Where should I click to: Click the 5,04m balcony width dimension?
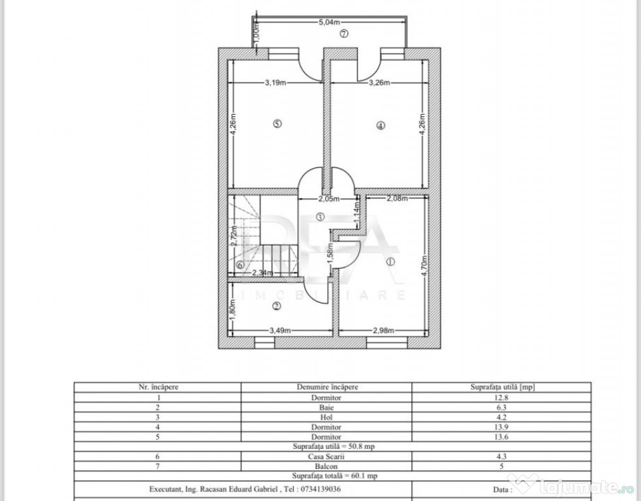coord(330,22)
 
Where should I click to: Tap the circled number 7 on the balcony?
coord(344,33)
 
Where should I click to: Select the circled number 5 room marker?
coord(277,123)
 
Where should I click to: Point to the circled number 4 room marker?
coord(381,126)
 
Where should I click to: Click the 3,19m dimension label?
coord(275,83)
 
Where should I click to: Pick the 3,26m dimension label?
coord(379,83)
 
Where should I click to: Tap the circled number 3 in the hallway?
coord(320,217)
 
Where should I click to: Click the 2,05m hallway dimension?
coord(329,199)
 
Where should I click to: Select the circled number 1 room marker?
coord(390,262)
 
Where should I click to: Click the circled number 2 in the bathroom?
coord(277,306)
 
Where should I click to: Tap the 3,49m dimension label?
coord(280,330)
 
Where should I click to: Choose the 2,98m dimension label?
coord(383,330)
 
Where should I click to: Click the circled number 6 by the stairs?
coord(240,265)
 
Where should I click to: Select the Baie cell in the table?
coord(326,408)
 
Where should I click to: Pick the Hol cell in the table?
coord(326,417)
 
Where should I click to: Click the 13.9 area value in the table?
coord(501,427)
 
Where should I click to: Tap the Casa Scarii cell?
coord(326,457)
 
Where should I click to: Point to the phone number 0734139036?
coord(320,489)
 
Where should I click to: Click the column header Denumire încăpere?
coord(327,387)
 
